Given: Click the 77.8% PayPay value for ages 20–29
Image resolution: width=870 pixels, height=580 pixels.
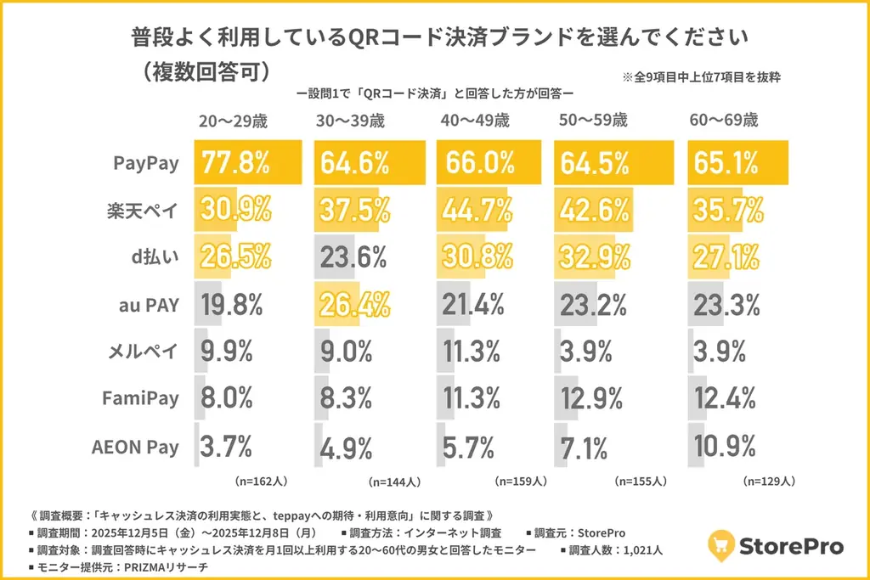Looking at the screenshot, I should (234, 162).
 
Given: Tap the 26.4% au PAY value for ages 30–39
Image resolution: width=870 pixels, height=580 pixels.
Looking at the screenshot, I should (354, 303).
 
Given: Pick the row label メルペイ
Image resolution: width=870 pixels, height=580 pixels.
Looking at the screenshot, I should (145, 352).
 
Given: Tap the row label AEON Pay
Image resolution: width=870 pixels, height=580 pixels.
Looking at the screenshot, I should (136, 447).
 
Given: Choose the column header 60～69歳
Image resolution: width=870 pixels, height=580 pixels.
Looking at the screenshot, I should (724, 121).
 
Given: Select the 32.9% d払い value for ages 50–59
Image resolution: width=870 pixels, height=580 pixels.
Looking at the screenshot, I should (595, 256).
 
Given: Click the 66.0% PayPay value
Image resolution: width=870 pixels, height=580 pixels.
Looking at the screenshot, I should (476, 162).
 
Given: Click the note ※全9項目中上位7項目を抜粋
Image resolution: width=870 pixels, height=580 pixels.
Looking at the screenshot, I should (702, 76).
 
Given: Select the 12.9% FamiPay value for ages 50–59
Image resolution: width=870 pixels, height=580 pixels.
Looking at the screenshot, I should (595, 398).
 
